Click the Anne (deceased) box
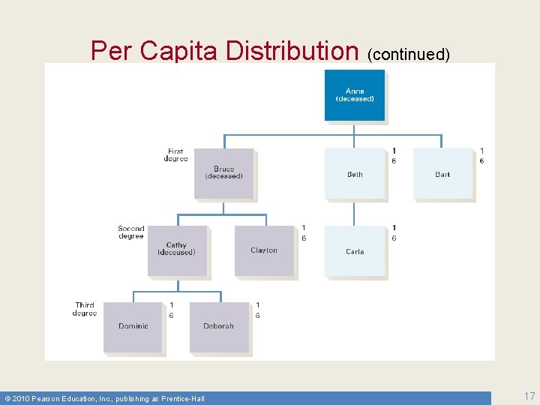pyautogui.click(x=355, y=95)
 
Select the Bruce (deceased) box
pyautogui.click(x=224, y=173)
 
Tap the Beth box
pyautogui.click(x=355, y=174)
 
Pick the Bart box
pyautogui.click(x=442, y=174)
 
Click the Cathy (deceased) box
pyautogui.click(x=177, y=250)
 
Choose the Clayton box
pyautogui.click(x=264, y=250)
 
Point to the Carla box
pyautogui.click(x=355, y=252)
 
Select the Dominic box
pyautogui.click(x=133, y=327)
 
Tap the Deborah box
pyautogui.click(x=218, y=327)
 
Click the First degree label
pyautogui.click(x=175, y=155)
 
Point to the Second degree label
pyautogui.click(x=130, y=232)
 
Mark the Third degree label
pyautogui.click(x=85, y=309)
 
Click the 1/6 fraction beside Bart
pyautogui.click(x=481, y=156)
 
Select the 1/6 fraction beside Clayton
pyautogui.click(x=304, y=232)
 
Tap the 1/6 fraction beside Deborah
pyautogui.click(x=258, y=310)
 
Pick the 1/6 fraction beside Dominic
pyautogui.click(x=171, y=310)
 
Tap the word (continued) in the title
pyautogui.click(x=409, y=54)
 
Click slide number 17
pyautogui.click(x=529, y=395)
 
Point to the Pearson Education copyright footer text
pyautogui.click(x=105, y=398)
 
